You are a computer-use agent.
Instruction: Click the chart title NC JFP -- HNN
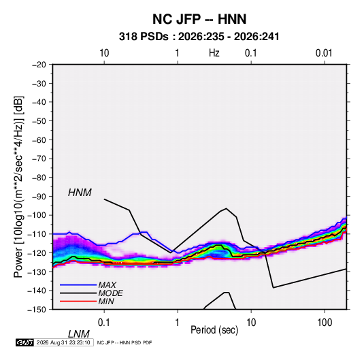click(199, 19)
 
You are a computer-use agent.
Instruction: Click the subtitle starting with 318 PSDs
click(199, 37)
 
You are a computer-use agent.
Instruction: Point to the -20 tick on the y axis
click(39, 65)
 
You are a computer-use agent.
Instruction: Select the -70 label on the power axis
click(39, 159)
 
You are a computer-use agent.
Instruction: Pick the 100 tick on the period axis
click(325, 323)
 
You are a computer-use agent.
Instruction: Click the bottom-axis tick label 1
click(178, 323)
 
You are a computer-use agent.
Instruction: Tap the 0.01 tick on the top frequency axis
click(324, 53)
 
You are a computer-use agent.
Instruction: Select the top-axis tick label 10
click(104, 53)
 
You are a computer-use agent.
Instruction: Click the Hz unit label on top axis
click(214, 53)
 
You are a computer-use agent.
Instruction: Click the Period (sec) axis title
click(214, 330)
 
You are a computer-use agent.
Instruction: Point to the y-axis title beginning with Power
click(18, 187)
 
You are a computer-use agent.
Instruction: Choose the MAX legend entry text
click(107, 285)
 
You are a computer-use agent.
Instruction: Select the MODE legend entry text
click(110, 293)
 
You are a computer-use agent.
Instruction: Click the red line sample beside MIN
click(78, 301)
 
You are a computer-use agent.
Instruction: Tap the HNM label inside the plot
click(80, 193)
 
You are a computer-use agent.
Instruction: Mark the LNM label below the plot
click(78, 334)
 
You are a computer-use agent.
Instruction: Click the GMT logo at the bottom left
click(25, 342)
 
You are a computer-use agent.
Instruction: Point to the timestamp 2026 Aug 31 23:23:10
click(63, 342)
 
